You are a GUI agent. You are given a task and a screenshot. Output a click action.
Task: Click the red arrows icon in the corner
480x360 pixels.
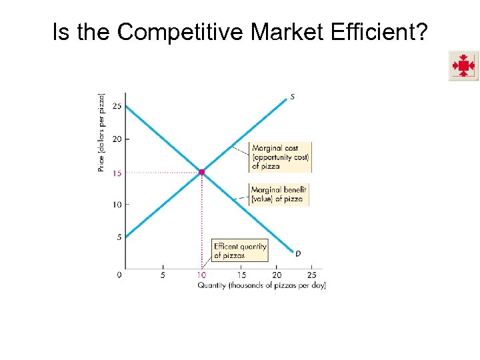pyautogui.click(x=463, y=65)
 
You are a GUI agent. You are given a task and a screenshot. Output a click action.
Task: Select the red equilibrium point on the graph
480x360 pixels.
pyautogui.click(x=202, y=172)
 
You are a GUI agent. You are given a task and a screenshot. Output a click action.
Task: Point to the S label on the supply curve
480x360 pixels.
pyautogui.click(x=292, y=97)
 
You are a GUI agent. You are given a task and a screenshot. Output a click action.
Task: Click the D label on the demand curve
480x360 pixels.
pyautogui.click(x=297, y=253)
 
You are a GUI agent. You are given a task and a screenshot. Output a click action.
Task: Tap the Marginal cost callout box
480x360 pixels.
pyautogui.click(x=280, y=157)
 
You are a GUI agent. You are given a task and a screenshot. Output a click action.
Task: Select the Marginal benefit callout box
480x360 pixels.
pyautogui.click(x=279, y=194)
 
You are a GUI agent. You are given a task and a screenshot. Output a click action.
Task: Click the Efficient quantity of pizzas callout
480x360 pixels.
pyautogui.click(x=239, y=250)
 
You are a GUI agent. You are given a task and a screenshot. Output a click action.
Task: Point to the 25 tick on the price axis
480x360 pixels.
pyautogui.click(x=117, y=107)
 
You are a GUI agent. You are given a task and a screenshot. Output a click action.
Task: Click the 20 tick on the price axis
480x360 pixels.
pyautogui.click(x=117, y=139)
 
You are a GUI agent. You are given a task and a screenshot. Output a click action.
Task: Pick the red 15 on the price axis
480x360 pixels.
pyautogui.click(x=117, y=173)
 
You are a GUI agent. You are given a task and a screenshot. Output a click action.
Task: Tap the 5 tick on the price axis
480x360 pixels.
pyautogui.click(x=119, y=237)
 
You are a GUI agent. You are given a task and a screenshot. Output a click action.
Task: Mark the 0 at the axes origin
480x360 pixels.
pyautogui.click(x=119, y=275)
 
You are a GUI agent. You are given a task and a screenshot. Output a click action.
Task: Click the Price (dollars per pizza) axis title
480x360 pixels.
pyautogui.click(x=101, y=133)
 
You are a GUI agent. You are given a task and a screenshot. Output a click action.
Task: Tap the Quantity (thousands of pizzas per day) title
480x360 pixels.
pyautogui.click(x=261, y=285)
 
